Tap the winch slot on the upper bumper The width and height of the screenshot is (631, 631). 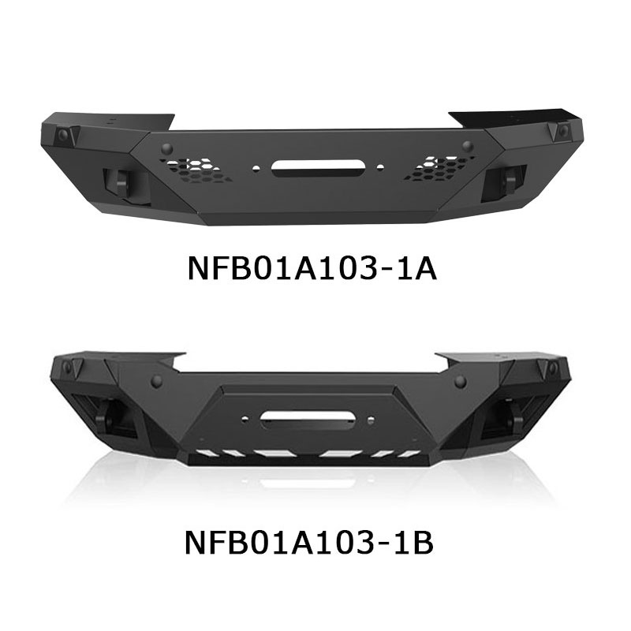(x=314, y=167)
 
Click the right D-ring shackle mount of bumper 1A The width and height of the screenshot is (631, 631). (x=505, y=181)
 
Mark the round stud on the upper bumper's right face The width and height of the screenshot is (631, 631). (x=467, y=146)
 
